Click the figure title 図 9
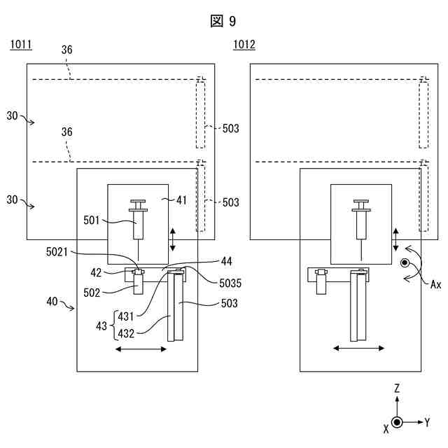(x=223, y=21)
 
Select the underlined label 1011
(x=21, y=45)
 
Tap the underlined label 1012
(x=244, y=45)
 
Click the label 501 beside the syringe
(x=92, y=220)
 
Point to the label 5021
(x=57, y=252)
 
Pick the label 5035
(x=230, y=283)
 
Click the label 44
(x=227, y=261)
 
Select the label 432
(x=126, y=333)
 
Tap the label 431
(x=126, y=316)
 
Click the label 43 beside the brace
(x=101, y=326)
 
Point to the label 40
(x=52, y=302)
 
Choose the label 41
(x=181, y=200)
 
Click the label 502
(x=92, y=293)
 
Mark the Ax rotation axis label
(x=435, y=285)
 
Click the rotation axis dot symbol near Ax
(x=405, y=262)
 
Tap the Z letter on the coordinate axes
(x=397, y=388)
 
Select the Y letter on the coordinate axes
(x=427, y=422)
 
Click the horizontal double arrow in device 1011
(x=141, y=349)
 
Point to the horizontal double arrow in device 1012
(x=359, y=348)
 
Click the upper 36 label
(x=67, y=50)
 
